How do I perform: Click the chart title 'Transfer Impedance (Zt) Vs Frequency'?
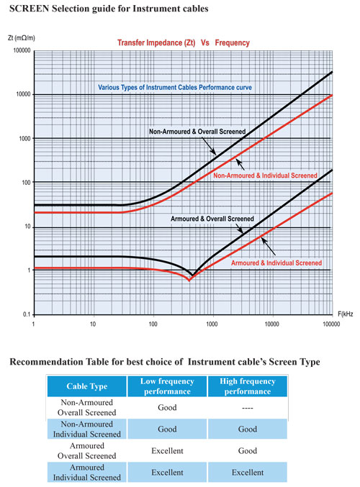pos(184,42)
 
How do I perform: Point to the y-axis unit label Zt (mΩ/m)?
pos(22,38)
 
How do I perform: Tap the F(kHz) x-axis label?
pos(346,314)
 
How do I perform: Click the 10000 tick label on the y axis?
pos(23,94)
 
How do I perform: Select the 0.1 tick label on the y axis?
pos(27,314)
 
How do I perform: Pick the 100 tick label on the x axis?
pos(153,324)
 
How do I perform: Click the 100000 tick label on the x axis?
pos(331,324)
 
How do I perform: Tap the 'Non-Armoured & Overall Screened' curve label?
pos(197,132)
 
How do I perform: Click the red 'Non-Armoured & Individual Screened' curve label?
pos(265,176)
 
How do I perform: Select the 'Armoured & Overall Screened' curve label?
pos(212,219)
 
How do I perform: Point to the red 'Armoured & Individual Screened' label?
pos(276,263)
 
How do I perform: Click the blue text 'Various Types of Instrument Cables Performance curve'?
pos(175,88)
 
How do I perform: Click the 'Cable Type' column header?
pos(86,386)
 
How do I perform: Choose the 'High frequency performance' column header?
pos(248,386)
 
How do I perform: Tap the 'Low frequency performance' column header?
pos(167,386)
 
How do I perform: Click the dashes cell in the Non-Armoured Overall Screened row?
pos(248,408)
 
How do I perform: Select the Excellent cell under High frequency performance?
pos(248,473)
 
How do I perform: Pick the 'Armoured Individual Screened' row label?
pos(86,473)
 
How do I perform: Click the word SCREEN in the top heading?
pos(30,9)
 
